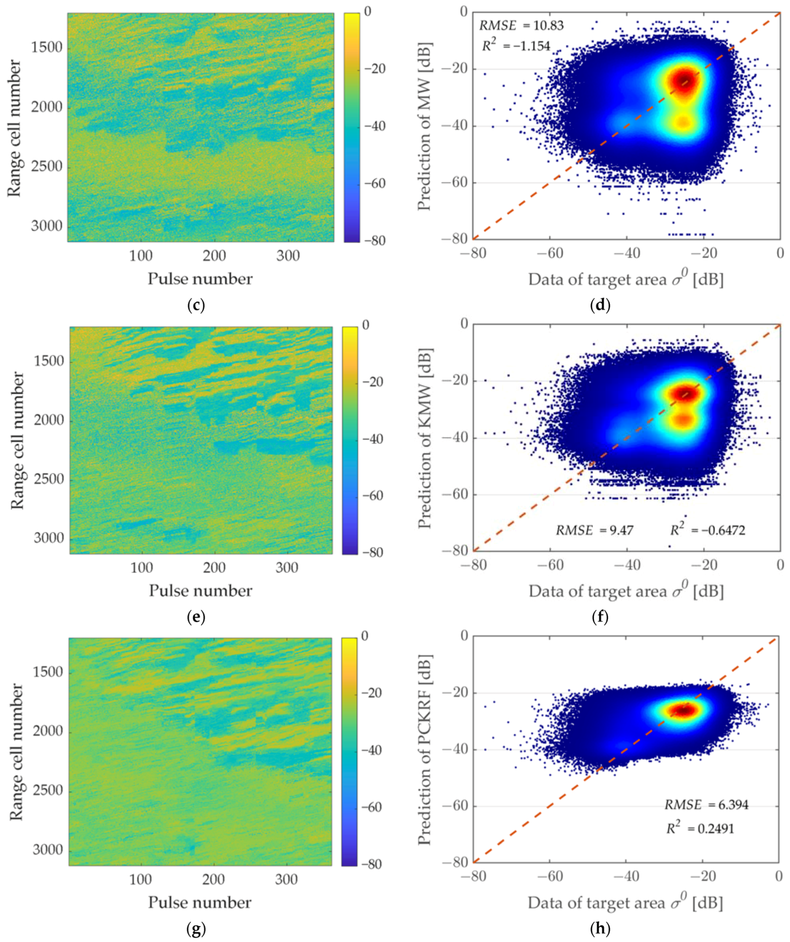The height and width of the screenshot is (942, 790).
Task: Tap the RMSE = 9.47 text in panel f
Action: tap(594, 530)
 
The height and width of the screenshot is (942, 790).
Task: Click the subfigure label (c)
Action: tap(195, 305)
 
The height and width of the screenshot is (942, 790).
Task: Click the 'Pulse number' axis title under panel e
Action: tap(200, 591)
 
